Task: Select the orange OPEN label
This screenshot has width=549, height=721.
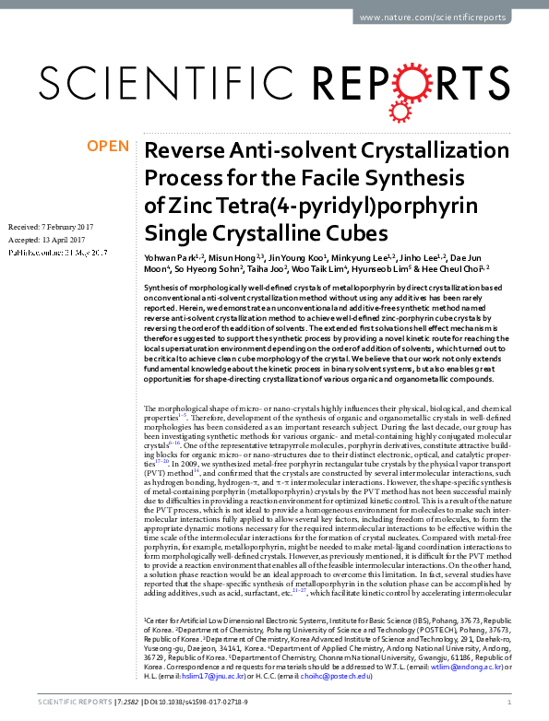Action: [108, 146]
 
